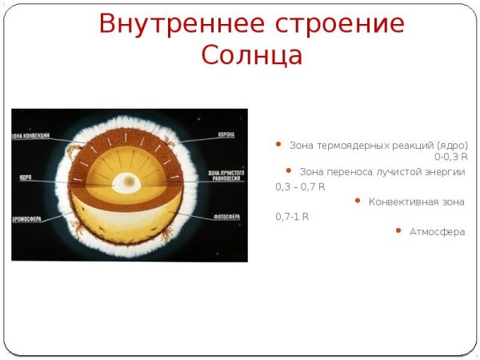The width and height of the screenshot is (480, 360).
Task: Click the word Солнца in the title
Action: pos(251,56)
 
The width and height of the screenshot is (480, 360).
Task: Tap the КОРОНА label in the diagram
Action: pos(226,134)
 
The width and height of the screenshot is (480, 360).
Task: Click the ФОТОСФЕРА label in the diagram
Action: pos(222,214)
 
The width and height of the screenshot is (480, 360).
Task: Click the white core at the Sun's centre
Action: pos(125,182)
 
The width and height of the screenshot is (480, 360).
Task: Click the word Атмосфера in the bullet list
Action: pos(437,232)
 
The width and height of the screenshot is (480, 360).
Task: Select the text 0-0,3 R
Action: pos(451,157)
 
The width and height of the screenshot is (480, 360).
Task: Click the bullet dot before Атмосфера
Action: pos(398,230)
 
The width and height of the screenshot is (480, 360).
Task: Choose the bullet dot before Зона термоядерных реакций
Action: pos(278,145)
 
